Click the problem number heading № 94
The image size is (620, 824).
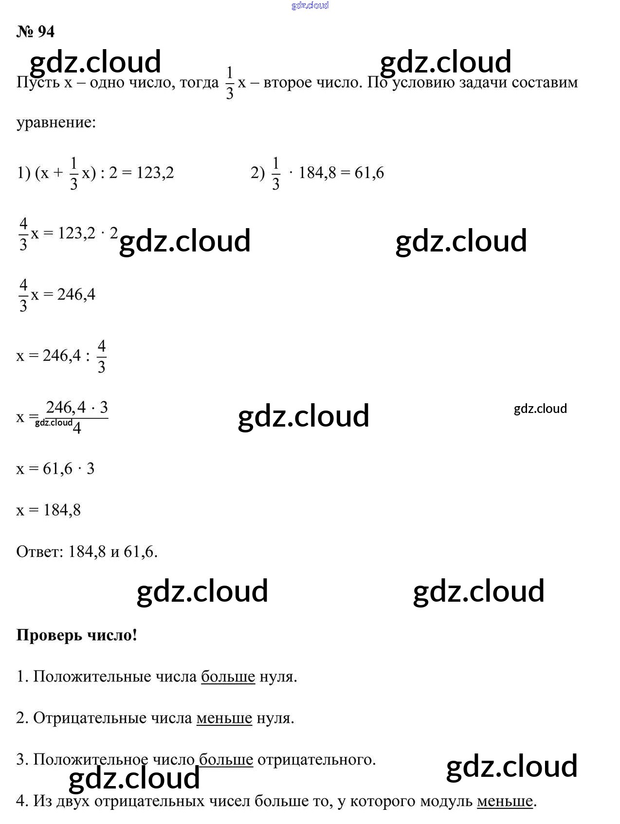[36, 32]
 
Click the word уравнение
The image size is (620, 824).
[56, 122]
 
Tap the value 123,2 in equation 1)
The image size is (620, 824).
[155, 173]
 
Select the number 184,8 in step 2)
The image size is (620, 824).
[317, 173]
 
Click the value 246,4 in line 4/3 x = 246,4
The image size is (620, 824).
[76, 294]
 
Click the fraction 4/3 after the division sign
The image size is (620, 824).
[101, 356]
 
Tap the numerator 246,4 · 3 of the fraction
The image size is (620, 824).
[77, 407]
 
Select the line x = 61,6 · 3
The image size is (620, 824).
[55, 468]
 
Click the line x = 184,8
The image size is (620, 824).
[49, 510]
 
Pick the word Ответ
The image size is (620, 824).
[39, 552]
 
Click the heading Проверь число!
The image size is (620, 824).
[77, 635]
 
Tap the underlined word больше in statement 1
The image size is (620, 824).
[228, 677]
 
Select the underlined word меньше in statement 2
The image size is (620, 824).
[224, 718]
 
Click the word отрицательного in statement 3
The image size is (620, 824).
[316, 759]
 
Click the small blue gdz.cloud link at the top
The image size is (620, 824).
[310, 5]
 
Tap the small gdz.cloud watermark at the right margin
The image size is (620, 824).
[540, 409]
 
